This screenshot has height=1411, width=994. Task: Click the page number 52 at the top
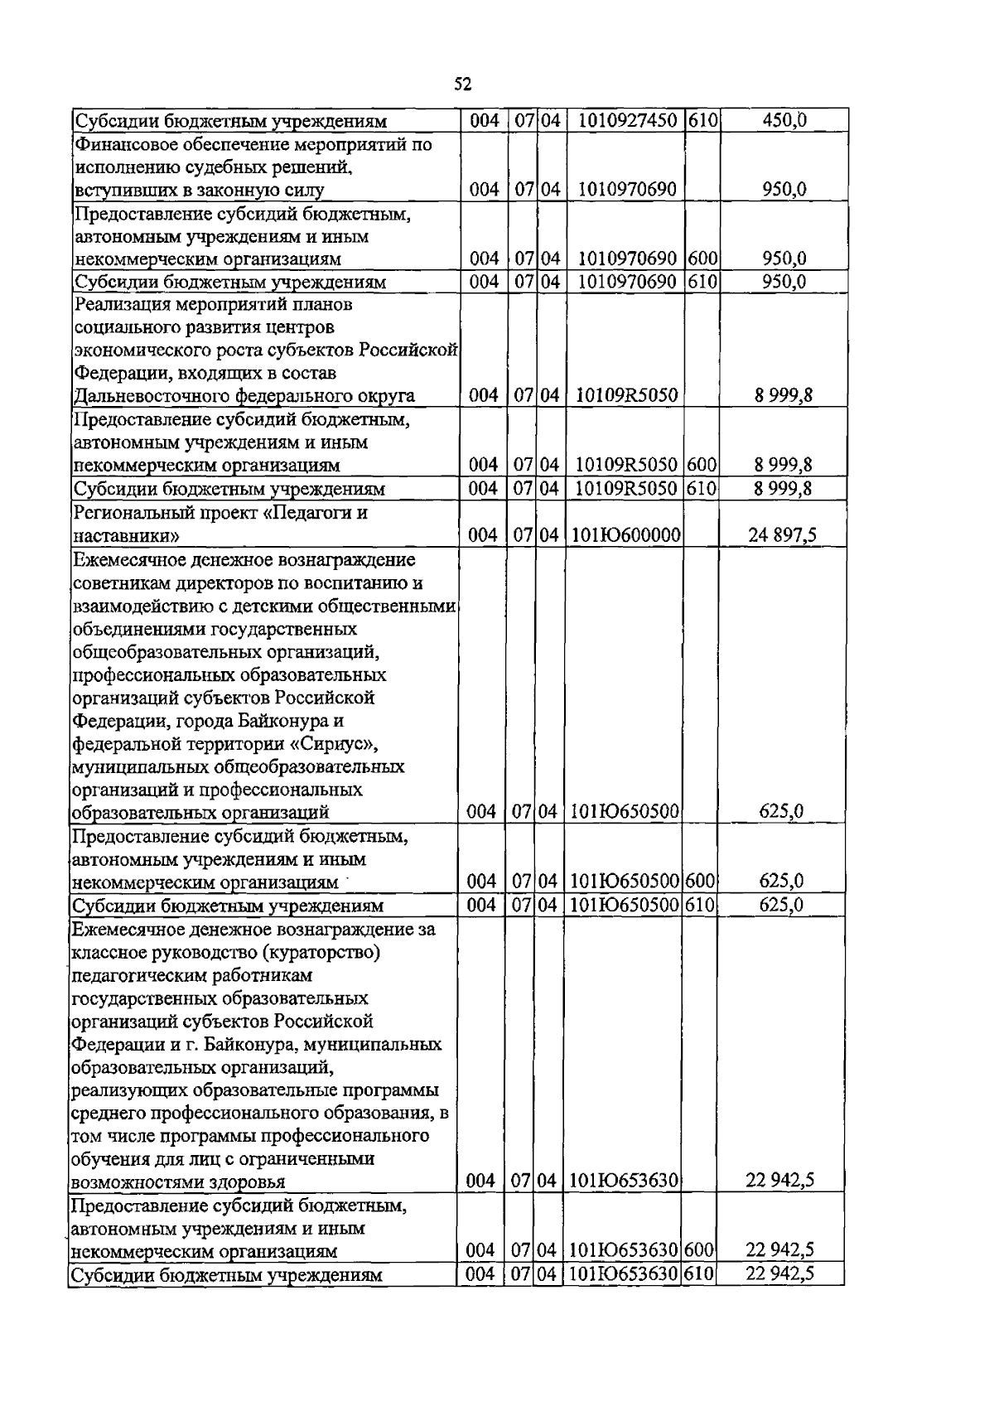[x=463, y=84]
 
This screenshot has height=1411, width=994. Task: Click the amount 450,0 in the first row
[x=784, y=121]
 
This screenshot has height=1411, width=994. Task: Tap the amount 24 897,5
[x=782, y=535]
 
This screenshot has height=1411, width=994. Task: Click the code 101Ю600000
[x=626, y=535]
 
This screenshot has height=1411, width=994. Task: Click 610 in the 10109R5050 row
[x=701, y=488]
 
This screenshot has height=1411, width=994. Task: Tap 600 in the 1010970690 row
[x=701, y=259]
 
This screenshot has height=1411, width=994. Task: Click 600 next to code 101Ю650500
[x=701, y=881]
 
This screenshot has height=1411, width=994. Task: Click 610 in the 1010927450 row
[x=701, y=121]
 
